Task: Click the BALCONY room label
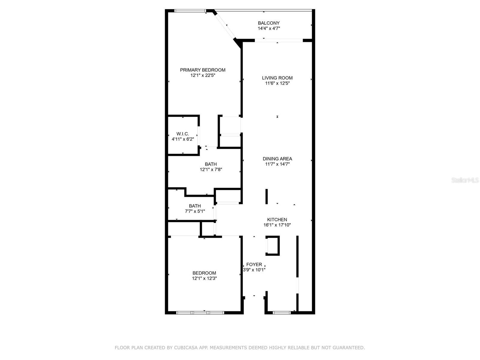coord(268,23)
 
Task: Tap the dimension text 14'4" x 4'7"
coord(268,28)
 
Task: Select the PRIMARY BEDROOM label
coord(202,70)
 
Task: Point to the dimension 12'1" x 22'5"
coord(202,75)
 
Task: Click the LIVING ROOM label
coord(277,78)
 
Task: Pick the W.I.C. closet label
coord(183,134)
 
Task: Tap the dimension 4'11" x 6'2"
coord(183,139)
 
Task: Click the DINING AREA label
coord(277,159)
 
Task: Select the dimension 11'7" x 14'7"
coord(277,164)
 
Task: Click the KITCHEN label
coord(277,220)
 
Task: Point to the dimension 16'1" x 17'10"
coord(277,225)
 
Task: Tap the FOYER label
coord(254,264)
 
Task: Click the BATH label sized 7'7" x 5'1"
coord(195,206)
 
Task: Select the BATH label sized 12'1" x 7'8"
coord(211,164)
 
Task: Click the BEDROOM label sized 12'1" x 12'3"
coord(204,273)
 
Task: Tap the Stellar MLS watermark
coord(465,180)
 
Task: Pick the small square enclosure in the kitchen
coord(273,246)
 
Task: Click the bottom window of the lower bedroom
coord(200,313)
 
